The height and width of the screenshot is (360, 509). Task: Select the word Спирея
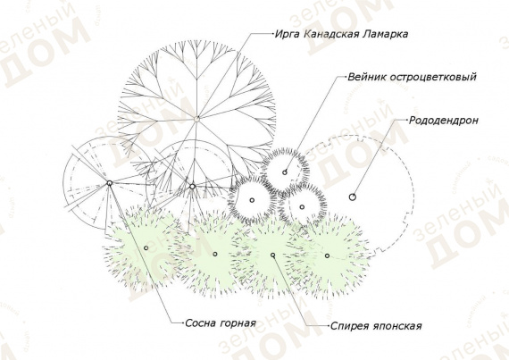click(x=349, y=326)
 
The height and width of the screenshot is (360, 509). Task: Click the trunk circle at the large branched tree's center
click(x=196, y=119)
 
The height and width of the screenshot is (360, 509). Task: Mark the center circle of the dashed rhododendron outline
click(x=352, y=197)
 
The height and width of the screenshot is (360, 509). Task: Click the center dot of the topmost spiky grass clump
click(x=285, y=172)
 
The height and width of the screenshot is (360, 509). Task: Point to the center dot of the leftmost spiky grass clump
click(x=252, y=200)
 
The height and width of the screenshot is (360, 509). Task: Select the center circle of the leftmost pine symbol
click(x=110, y=183)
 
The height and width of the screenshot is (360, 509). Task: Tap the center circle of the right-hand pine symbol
click(x=192, y=187)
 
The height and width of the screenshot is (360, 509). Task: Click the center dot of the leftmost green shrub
click(x=146, y=248)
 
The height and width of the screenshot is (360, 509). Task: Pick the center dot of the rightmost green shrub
click(x=327, y=255)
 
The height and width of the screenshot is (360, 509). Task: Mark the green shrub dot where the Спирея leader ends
click(x=273, y=255)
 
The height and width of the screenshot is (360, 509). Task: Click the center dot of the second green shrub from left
click(x=215, y=255)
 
